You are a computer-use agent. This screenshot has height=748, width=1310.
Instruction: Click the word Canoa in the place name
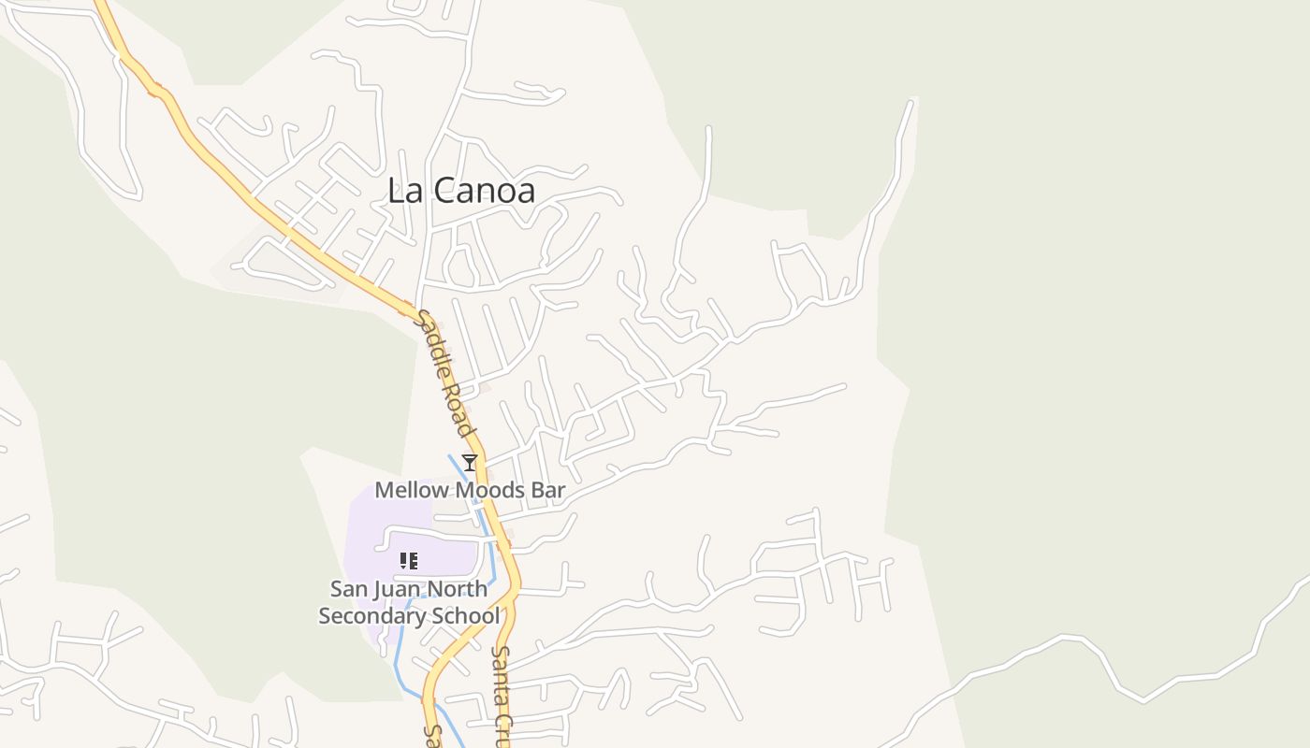[x=485, y=191]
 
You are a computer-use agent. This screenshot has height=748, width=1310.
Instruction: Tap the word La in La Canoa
[x=405, y=191]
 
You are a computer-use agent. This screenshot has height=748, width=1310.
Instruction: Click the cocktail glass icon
[x=470, y=462]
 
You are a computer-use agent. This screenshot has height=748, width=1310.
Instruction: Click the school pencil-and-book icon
[x=408, y=561]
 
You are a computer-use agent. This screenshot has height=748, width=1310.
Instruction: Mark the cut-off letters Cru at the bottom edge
[x=502, y=730]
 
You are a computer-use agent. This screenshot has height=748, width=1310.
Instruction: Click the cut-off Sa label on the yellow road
[x=432, y=735]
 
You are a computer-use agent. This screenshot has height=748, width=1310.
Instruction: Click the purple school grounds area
[x=370, y=533]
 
